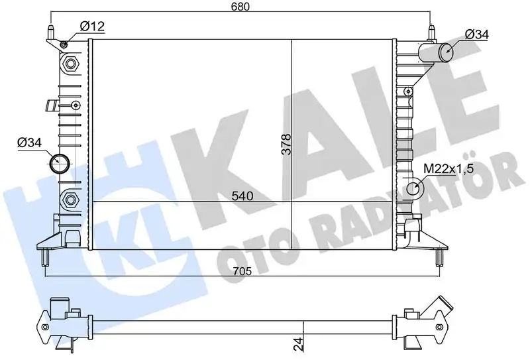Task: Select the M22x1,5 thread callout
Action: (448, 168)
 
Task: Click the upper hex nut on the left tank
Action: (71, 64)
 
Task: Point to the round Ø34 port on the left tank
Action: (60, 160)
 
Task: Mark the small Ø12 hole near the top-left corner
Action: (63, 44)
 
